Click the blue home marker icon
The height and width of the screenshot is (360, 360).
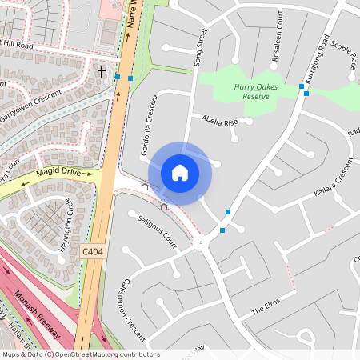[180, 172]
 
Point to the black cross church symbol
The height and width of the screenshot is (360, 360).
[102, 71]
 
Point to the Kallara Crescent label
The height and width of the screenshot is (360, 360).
[334, 180]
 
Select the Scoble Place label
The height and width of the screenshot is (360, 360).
[343, 56]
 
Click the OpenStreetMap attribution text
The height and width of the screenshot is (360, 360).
[81, 354]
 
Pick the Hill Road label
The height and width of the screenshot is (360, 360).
[18, 46]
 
